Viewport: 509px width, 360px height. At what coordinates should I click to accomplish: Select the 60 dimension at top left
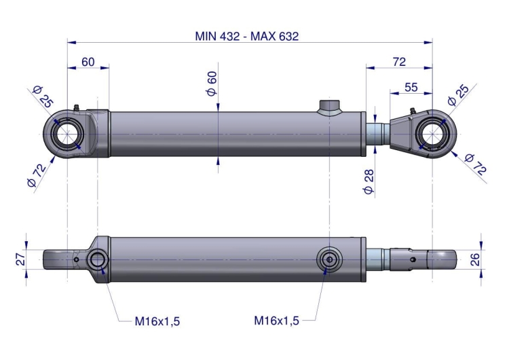(88, 62)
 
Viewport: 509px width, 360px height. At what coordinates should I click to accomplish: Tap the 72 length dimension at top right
(399, 62)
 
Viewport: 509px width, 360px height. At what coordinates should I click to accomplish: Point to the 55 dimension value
(411, 87)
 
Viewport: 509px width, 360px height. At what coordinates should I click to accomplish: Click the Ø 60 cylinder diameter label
(212, 82)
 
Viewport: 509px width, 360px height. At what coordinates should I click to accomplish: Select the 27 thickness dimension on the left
(21, 259)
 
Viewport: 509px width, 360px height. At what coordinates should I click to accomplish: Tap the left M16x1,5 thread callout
(157, 320)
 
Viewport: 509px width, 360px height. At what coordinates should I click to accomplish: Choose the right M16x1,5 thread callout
(276, 320)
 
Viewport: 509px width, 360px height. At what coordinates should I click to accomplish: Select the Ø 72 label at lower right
(475, 165)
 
